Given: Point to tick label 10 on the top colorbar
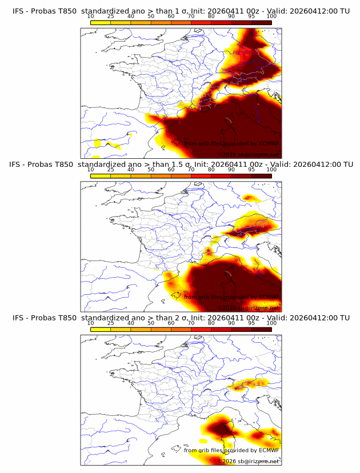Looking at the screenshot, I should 91,17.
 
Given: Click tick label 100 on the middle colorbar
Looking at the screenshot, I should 271,170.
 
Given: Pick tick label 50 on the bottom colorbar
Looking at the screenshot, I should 151,323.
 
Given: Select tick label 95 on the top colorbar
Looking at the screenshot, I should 251,17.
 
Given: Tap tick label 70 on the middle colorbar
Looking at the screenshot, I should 191,170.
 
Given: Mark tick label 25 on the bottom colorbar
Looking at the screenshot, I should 111,323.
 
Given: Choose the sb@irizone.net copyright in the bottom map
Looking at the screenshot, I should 254,461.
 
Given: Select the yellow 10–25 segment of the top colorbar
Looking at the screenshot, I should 101,22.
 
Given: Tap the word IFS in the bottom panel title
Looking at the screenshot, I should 18,318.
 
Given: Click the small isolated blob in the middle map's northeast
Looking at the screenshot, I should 250,198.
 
